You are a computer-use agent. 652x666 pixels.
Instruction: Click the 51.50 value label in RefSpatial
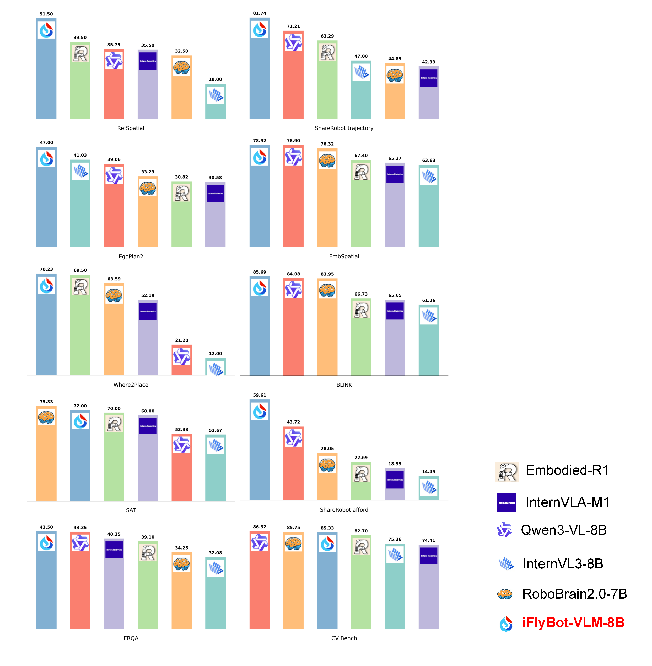(x=46, y=14)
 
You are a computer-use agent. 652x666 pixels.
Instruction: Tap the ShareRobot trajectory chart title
(x=344, y=128)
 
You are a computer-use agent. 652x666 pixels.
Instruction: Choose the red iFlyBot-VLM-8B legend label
(x=573, y=622)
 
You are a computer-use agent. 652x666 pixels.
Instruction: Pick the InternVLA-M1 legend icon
(x=506, y=503)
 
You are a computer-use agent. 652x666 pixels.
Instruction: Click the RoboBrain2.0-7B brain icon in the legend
(x=505, y=594)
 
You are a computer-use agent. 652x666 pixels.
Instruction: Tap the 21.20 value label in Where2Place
(x=181, y=340)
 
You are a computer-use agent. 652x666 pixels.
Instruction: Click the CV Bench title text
(x=344, y=638)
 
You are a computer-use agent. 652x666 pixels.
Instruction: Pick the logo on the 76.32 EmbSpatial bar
(x=327, y=160)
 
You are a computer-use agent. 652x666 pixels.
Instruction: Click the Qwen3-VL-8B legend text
(x=564, y=530)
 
